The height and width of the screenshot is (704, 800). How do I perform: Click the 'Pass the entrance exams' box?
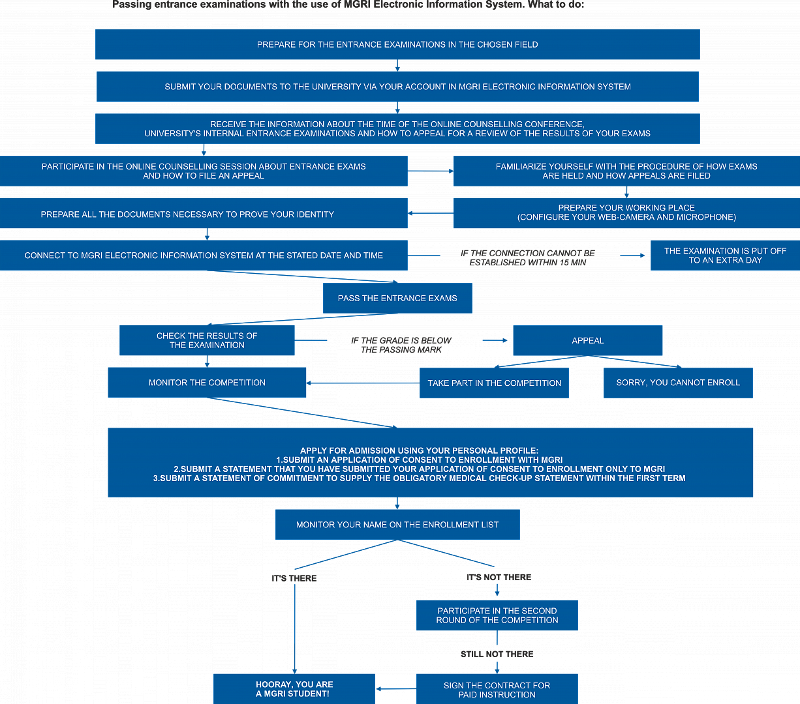click(x=397, y=298)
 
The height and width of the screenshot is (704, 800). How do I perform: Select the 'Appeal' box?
click(x=587, y=340)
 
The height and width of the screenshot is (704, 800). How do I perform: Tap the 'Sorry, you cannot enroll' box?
click(x=678, y=383)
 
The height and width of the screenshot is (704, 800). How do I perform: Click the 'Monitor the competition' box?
click(x=207, y=383)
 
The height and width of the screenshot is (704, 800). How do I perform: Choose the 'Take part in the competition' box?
click(x=494, y=383)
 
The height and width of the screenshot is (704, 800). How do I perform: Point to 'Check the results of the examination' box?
click(x=207, y=340)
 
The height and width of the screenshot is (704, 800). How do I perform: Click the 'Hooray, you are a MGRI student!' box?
click(x=294, y=689)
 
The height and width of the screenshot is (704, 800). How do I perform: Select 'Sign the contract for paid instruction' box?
click(x=497, y=689)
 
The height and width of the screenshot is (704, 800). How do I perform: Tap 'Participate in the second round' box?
click(x=497, y=615)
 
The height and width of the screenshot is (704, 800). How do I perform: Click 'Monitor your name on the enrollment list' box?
click(x=397, y=525)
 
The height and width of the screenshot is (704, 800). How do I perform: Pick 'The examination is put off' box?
click(x=726, y=256)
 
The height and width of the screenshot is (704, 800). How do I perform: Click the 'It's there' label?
click(x=294, y=578)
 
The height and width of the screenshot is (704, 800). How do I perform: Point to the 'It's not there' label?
click(x=499, y=578)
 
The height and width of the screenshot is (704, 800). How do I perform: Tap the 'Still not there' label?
click(x=497, y=654)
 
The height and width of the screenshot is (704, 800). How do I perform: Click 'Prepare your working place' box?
click(x=626, y=213)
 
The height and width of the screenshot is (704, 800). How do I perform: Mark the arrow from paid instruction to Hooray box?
click(x=396, y=689)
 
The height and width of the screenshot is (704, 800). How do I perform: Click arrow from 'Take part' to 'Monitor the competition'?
click(x=363, y=383)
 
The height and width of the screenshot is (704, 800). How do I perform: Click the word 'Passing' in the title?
click(x=129, y=5)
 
